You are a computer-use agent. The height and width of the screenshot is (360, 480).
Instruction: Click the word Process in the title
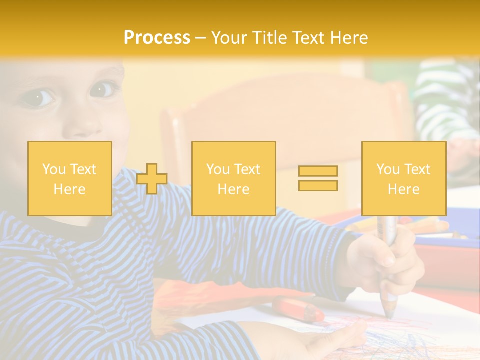157,38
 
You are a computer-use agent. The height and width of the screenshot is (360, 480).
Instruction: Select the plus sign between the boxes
152,179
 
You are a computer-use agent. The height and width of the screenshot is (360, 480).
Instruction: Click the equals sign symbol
318,178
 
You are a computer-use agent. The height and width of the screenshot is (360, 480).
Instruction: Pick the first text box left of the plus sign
70,178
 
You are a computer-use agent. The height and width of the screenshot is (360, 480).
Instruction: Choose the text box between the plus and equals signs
233,178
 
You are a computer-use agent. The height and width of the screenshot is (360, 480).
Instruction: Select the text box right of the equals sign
403,178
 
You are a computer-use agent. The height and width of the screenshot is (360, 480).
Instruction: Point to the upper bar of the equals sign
318,171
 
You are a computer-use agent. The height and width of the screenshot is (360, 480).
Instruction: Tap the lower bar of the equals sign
318,185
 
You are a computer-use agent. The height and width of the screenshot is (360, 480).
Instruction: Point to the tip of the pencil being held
388,315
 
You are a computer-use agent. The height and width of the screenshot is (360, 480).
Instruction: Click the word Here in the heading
348,38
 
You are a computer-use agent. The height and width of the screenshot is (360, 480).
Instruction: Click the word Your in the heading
229,38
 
